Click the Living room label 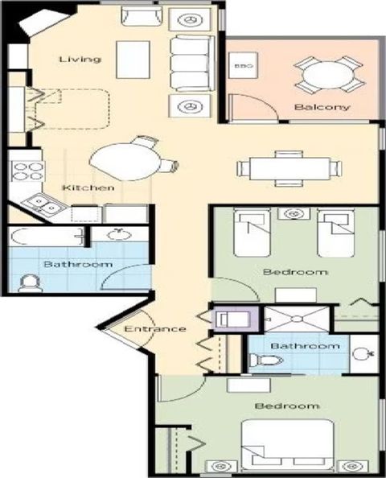click(80, 59)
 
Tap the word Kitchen click(88, 187)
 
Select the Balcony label click(322, 107)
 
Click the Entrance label click(155, 329)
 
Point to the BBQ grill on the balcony click(244, 66)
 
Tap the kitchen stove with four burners click(27, 171)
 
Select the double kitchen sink click(44, 204)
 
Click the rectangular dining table click(290, 168)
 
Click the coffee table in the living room click(133, 60)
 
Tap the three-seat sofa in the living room click(192, 64)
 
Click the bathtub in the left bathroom click(47, 237)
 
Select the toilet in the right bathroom click(265, 360)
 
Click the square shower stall click(297, 319)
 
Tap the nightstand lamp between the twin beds click(294, 213)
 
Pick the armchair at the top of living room click(142, 16)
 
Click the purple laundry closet click(235, 319)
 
